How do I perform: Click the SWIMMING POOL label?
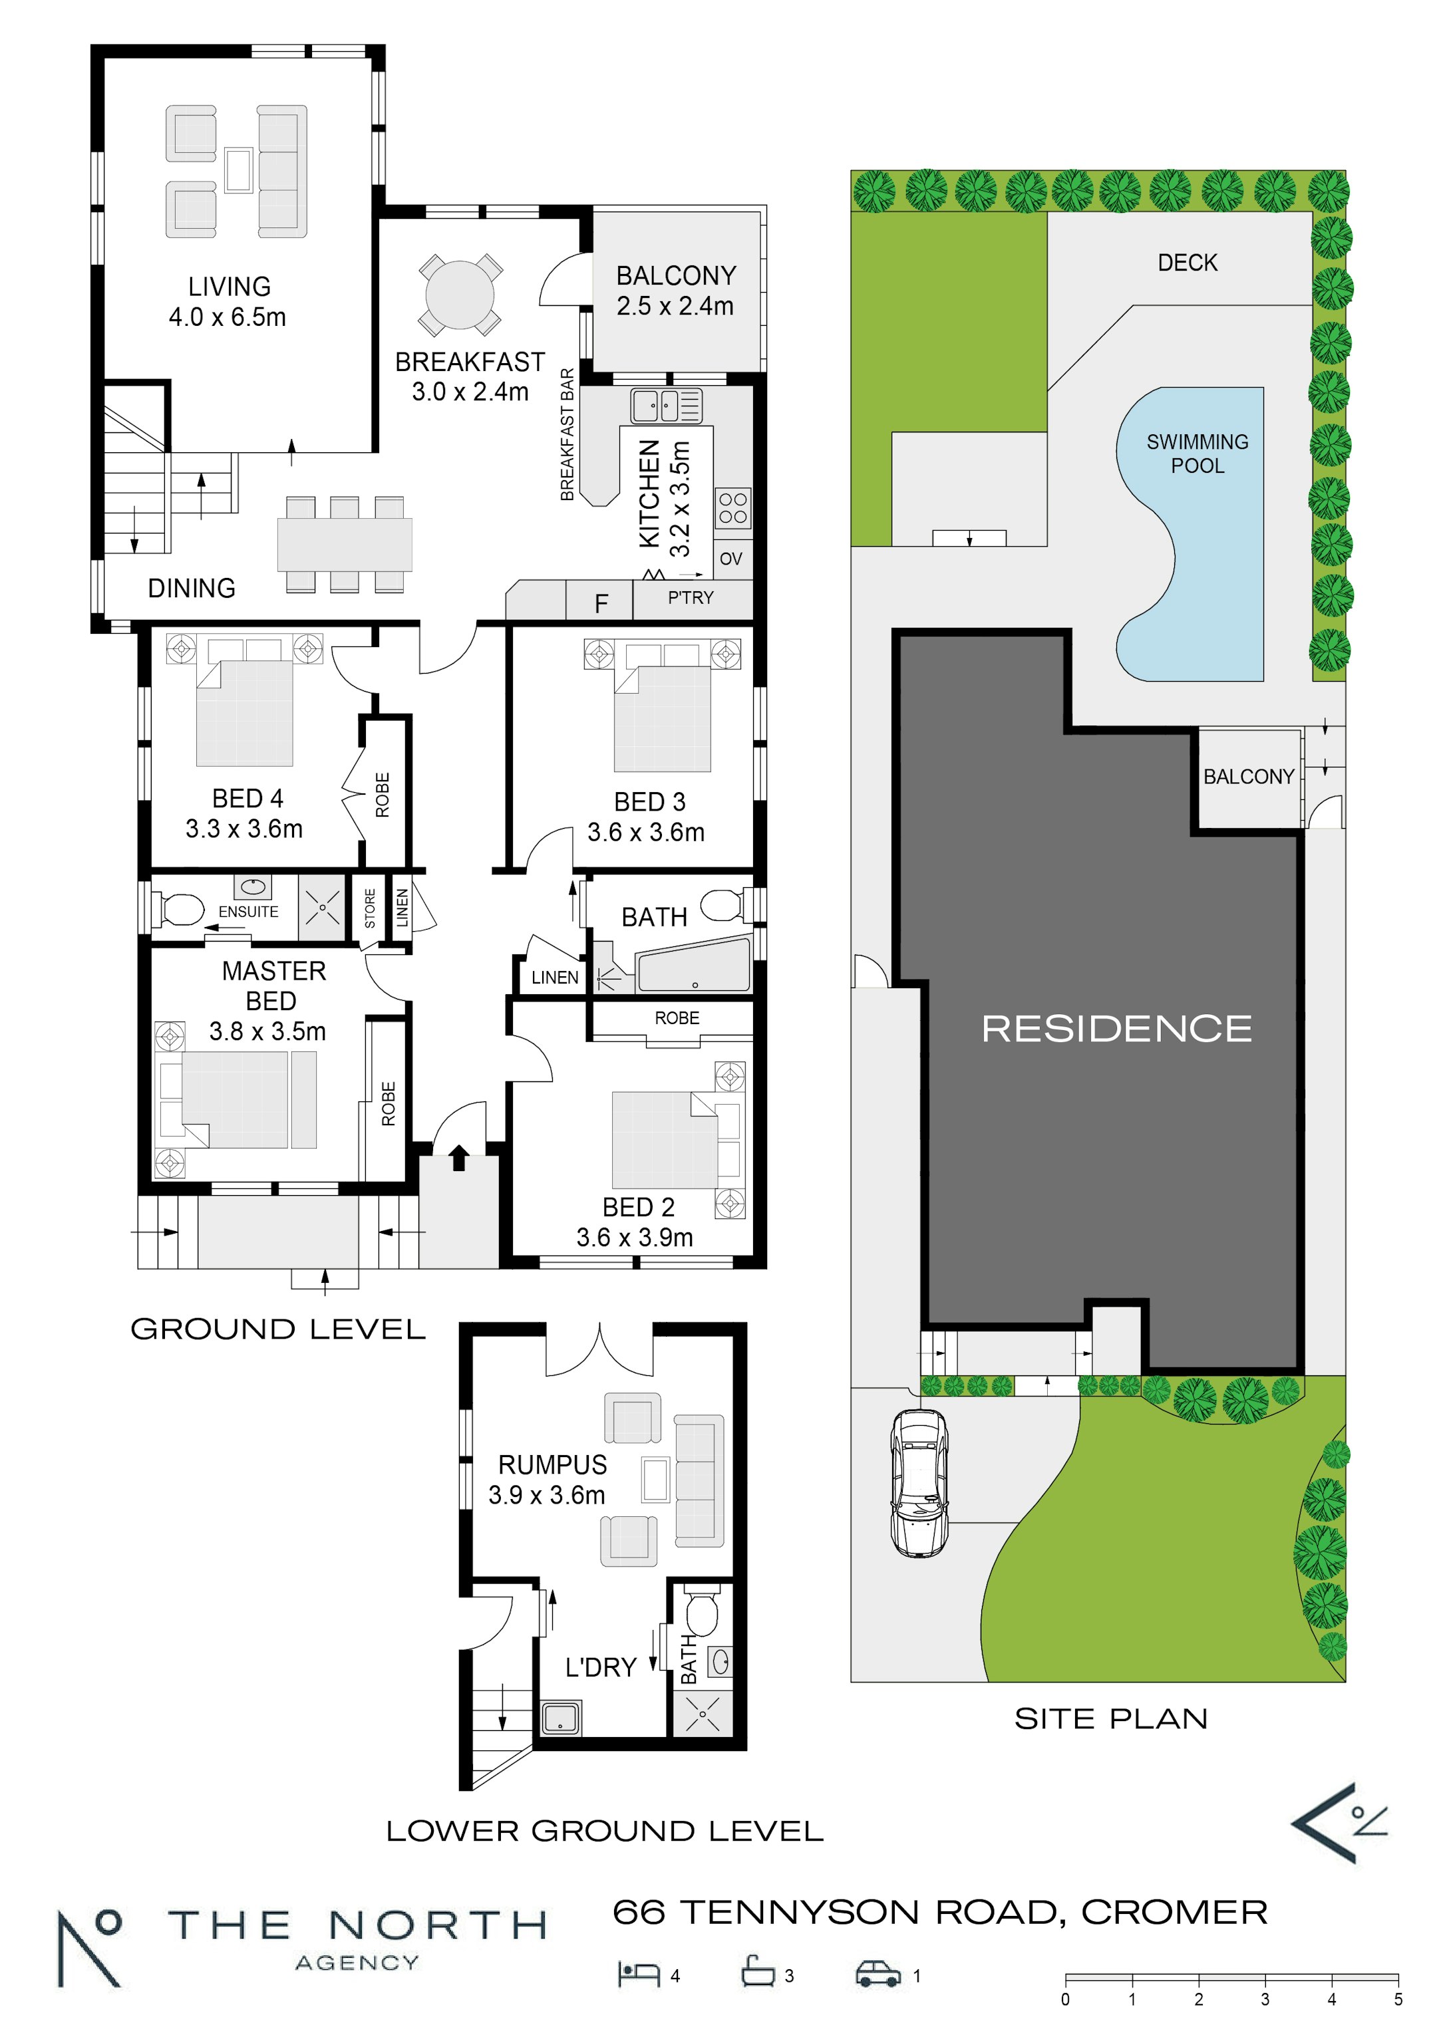pos(1197,454)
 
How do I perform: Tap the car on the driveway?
pos(919,1482)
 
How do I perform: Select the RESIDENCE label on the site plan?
pos(1117,1028)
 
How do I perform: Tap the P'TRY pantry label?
pos(690,598)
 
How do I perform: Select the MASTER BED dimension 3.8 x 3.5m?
pos(267,1031)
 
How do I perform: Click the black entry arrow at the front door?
pos(458,1158)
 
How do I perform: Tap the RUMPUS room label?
pos(552,1465)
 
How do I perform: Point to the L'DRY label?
pos(601,1667)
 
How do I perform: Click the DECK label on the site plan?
pos(1188,263)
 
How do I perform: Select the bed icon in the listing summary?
pos(639,1974)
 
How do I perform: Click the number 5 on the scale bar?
pos(1398,2000)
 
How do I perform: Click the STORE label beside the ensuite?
pos(370,908)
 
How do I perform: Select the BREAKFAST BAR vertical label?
pos(567,434)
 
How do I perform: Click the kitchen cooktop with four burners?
pos(732,508)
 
